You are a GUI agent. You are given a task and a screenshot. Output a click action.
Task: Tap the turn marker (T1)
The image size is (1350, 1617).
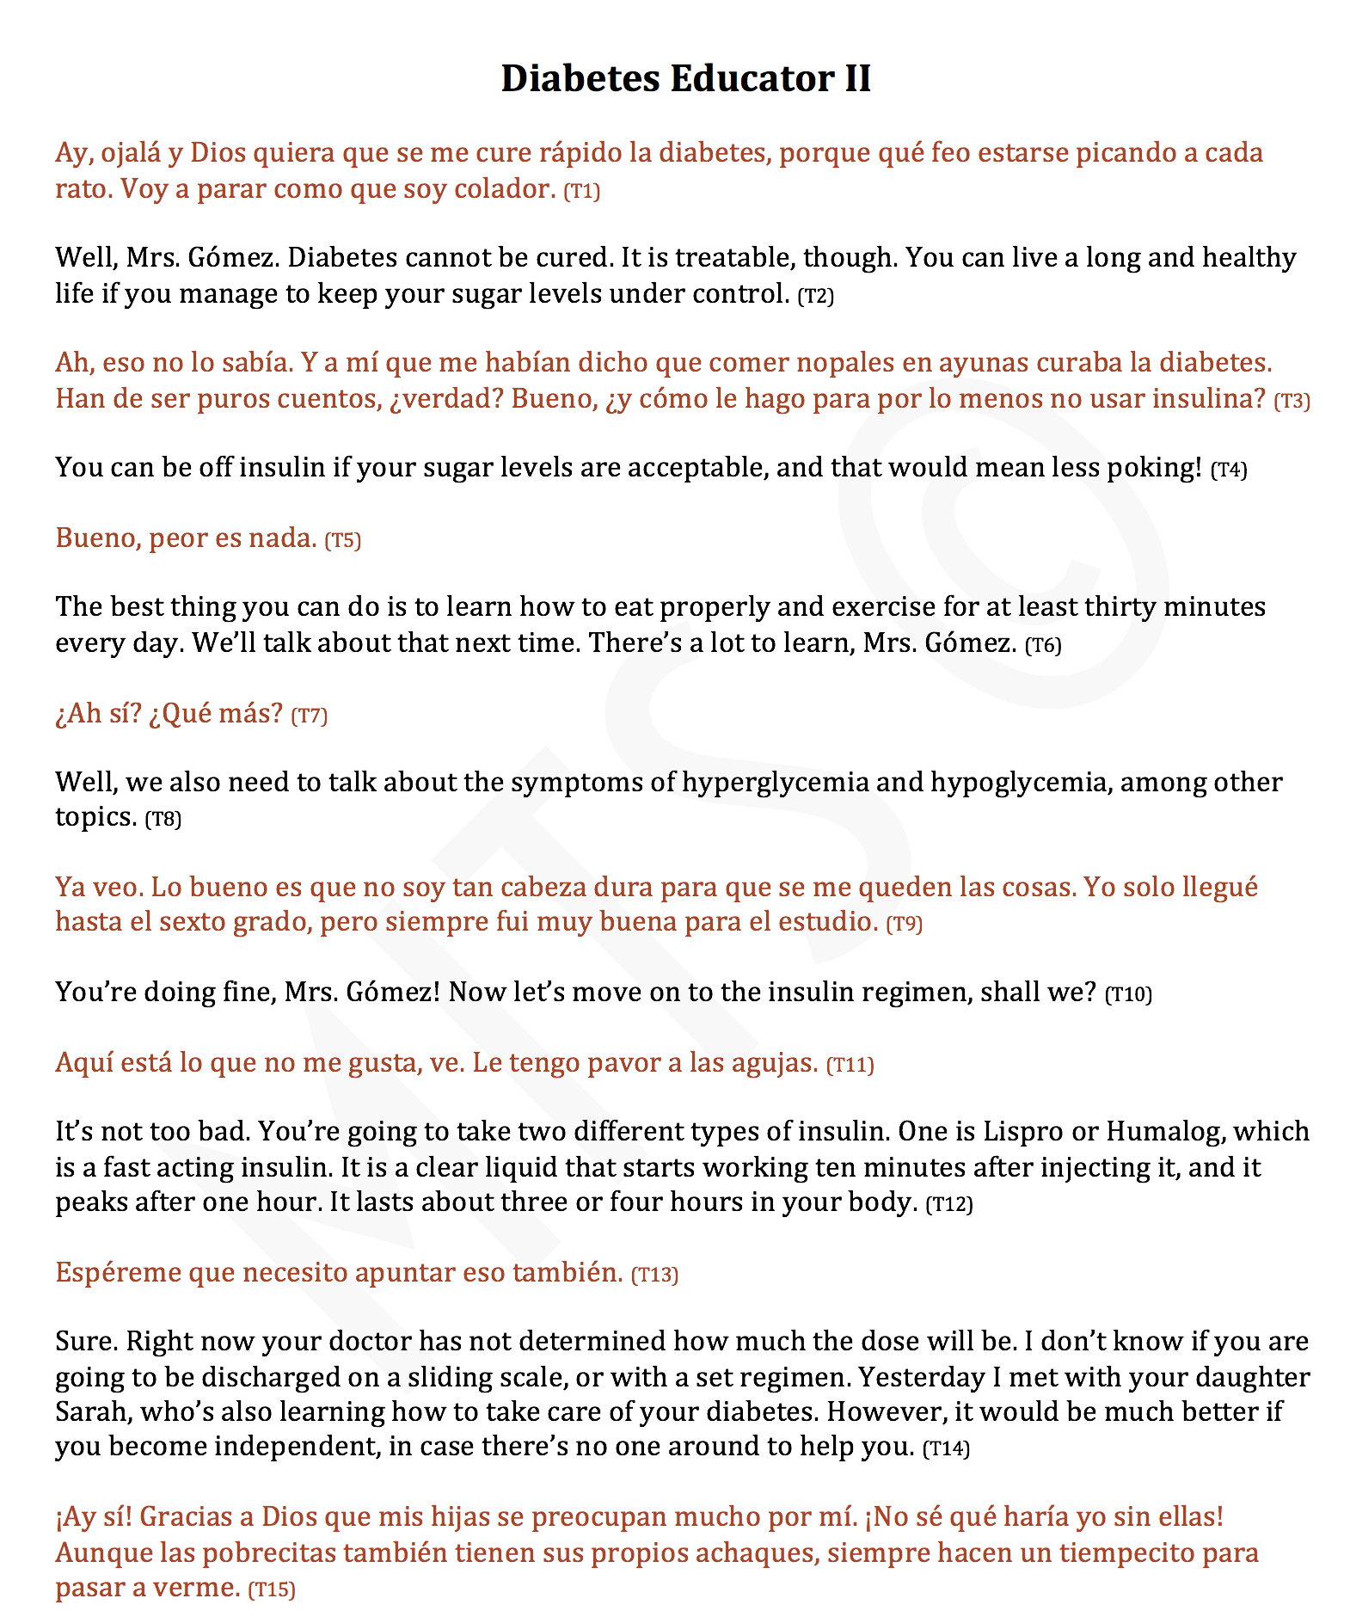coord(581,191)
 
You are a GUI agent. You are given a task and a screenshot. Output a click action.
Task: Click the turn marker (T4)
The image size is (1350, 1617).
coord(1228,470)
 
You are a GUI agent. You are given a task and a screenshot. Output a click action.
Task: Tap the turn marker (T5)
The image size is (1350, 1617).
coord(342,540)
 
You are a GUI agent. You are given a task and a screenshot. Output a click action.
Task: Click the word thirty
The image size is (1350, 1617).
coord(1120,606)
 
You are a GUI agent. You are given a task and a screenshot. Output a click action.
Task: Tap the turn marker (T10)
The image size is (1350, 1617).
coord(1127,994)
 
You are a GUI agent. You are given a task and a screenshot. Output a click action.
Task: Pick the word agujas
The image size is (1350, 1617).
coord(773,1063)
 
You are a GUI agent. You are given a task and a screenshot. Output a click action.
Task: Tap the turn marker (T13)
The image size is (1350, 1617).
coord(654,1275)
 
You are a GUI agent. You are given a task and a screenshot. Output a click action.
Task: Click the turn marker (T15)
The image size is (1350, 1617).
coord(271,1590)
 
